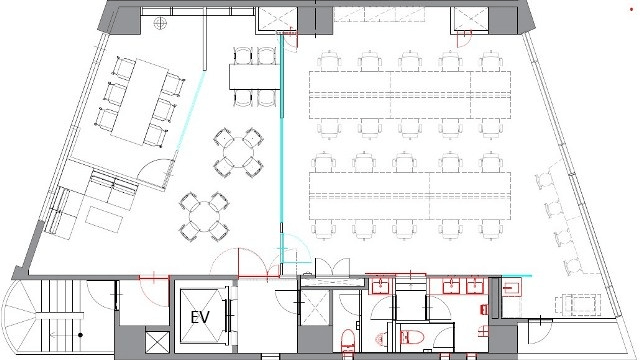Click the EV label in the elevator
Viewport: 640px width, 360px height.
[200, 317]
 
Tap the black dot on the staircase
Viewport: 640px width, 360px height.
[80, 335]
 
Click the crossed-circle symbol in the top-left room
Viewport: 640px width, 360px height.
[160, 23]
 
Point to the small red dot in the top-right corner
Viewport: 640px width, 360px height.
[631, 9]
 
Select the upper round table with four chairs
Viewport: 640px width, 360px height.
[238, 152]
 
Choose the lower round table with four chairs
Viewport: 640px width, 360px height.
[204, 216]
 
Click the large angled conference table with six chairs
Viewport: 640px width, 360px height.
[139, 102]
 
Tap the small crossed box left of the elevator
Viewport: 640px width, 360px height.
[157, 342]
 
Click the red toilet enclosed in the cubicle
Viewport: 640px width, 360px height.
[410, 337]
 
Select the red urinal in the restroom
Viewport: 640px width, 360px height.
[380, 338]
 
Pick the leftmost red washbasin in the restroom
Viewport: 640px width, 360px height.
[380, 286]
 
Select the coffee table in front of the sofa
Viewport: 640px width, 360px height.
[104, 220]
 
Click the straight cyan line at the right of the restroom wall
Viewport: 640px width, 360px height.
[516, 276]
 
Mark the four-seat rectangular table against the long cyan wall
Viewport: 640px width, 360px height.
[255, 77]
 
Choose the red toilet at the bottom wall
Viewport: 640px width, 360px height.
[348, 343]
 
